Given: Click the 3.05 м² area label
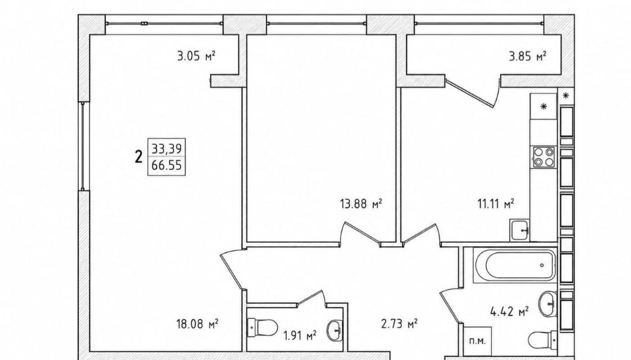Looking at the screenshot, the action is coord(196,56).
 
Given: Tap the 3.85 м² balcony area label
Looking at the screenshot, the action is coord(528,56).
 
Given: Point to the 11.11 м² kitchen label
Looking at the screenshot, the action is coord(496,204).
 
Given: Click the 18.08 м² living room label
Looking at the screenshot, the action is coord(197,323).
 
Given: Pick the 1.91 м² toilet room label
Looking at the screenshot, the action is coord(300,335).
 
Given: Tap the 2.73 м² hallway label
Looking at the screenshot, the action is coord(399,323).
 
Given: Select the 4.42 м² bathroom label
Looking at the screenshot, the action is coord(509,311).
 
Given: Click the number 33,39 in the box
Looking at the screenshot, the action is coord(167,148).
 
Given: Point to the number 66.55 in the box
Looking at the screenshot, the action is coord(167,165).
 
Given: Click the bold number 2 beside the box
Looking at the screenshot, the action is coord(139,156).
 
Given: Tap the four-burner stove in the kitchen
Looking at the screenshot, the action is coord(544,157).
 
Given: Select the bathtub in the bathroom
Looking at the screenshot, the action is coord(515,265).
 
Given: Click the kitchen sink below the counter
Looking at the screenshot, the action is coord(520,230).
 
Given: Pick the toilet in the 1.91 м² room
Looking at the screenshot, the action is coord(262,328).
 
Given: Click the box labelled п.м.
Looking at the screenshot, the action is coord(478,341).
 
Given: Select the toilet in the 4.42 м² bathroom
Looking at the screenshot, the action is coord(542,341).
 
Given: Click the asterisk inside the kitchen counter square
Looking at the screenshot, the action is coord(544,107).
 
